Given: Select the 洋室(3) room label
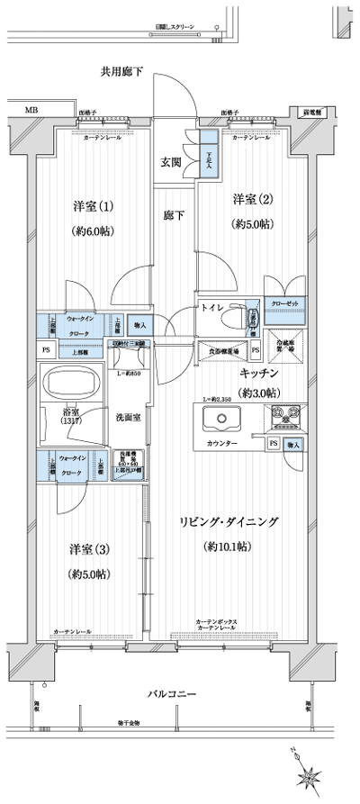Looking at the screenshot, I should click(89, 549).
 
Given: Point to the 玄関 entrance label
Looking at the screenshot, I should click(171, 162).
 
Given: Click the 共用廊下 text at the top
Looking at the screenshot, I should click(122, 70).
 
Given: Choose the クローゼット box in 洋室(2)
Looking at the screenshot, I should click(284, 303).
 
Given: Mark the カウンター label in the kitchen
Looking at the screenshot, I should click(222, 445).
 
